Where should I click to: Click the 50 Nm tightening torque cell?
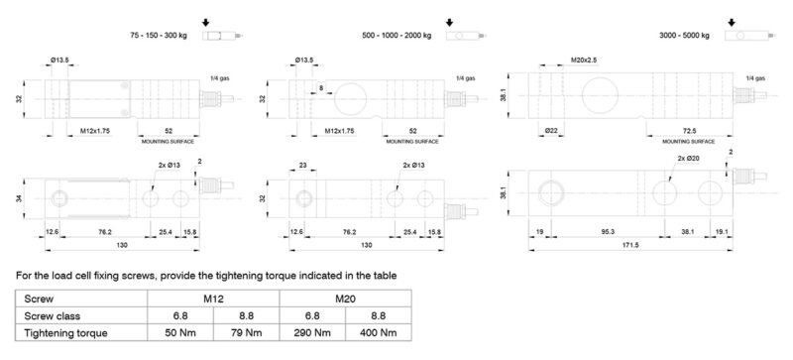pyautogui.click(x=180, y=332)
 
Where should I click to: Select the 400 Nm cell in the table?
pyautogui.click(x=379, y=332)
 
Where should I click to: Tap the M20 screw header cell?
pyautogui.click(x=345, y=299)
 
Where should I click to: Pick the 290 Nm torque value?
pyautogui.click(x=312, y=332)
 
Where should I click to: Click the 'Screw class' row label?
pyautogui.click(x=53, y=316)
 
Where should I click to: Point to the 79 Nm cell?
pyautogui.click(x=246, y=332)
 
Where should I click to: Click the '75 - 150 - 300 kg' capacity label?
pyautogui.click(x=159, y=36)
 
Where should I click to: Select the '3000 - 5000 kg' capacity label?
pyautogui.click(x=684, y=36)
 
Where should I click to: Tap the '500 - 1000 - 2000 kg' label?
pyautogui.click(x=397, y=36)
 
